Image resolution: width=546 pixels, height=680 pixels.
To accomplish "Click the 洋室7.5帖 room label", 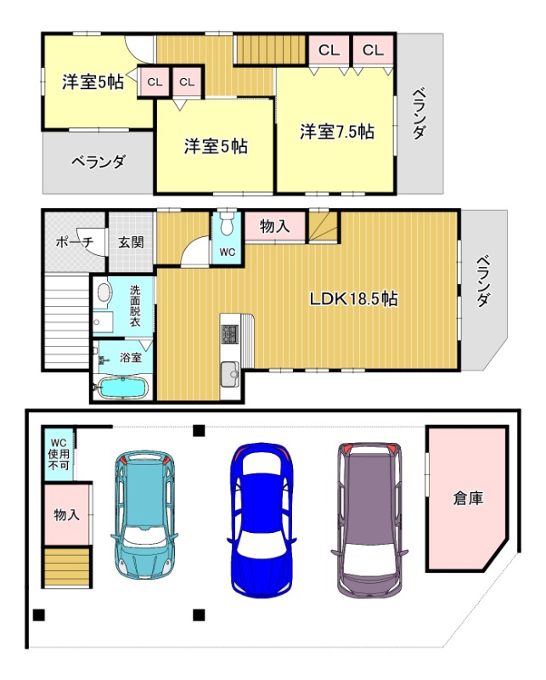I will point(336,132).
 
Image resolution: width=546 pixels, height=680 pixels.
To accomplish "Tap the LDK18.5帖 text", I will point(354,298).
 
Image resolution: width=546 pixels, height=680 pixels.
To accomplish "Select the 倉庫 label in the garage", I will point(468,498).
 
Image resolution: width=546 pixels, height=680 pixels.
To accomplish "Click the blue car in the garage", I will point(261,518).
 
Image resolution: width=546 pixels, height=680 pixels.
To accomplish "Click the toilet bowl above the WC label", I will point(227,228).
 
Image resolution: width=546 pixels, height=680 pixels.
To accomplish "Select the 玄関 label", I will point(131,242).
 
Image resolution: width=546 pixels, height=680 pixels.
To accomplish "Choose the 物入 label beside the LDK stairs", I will point(275,226).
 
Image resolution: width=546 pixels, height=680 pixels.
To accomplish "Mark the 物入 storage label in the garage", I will point(66,514).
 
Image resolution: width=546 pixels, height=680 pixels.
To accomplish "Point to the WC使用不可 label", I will point(58,455).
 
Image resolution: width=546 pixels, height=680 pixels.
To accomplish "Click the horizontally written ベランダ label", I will point(99,161).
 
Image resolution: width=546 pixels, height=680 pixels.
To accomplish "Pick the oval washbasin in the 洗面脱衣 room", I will point(104,293).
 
